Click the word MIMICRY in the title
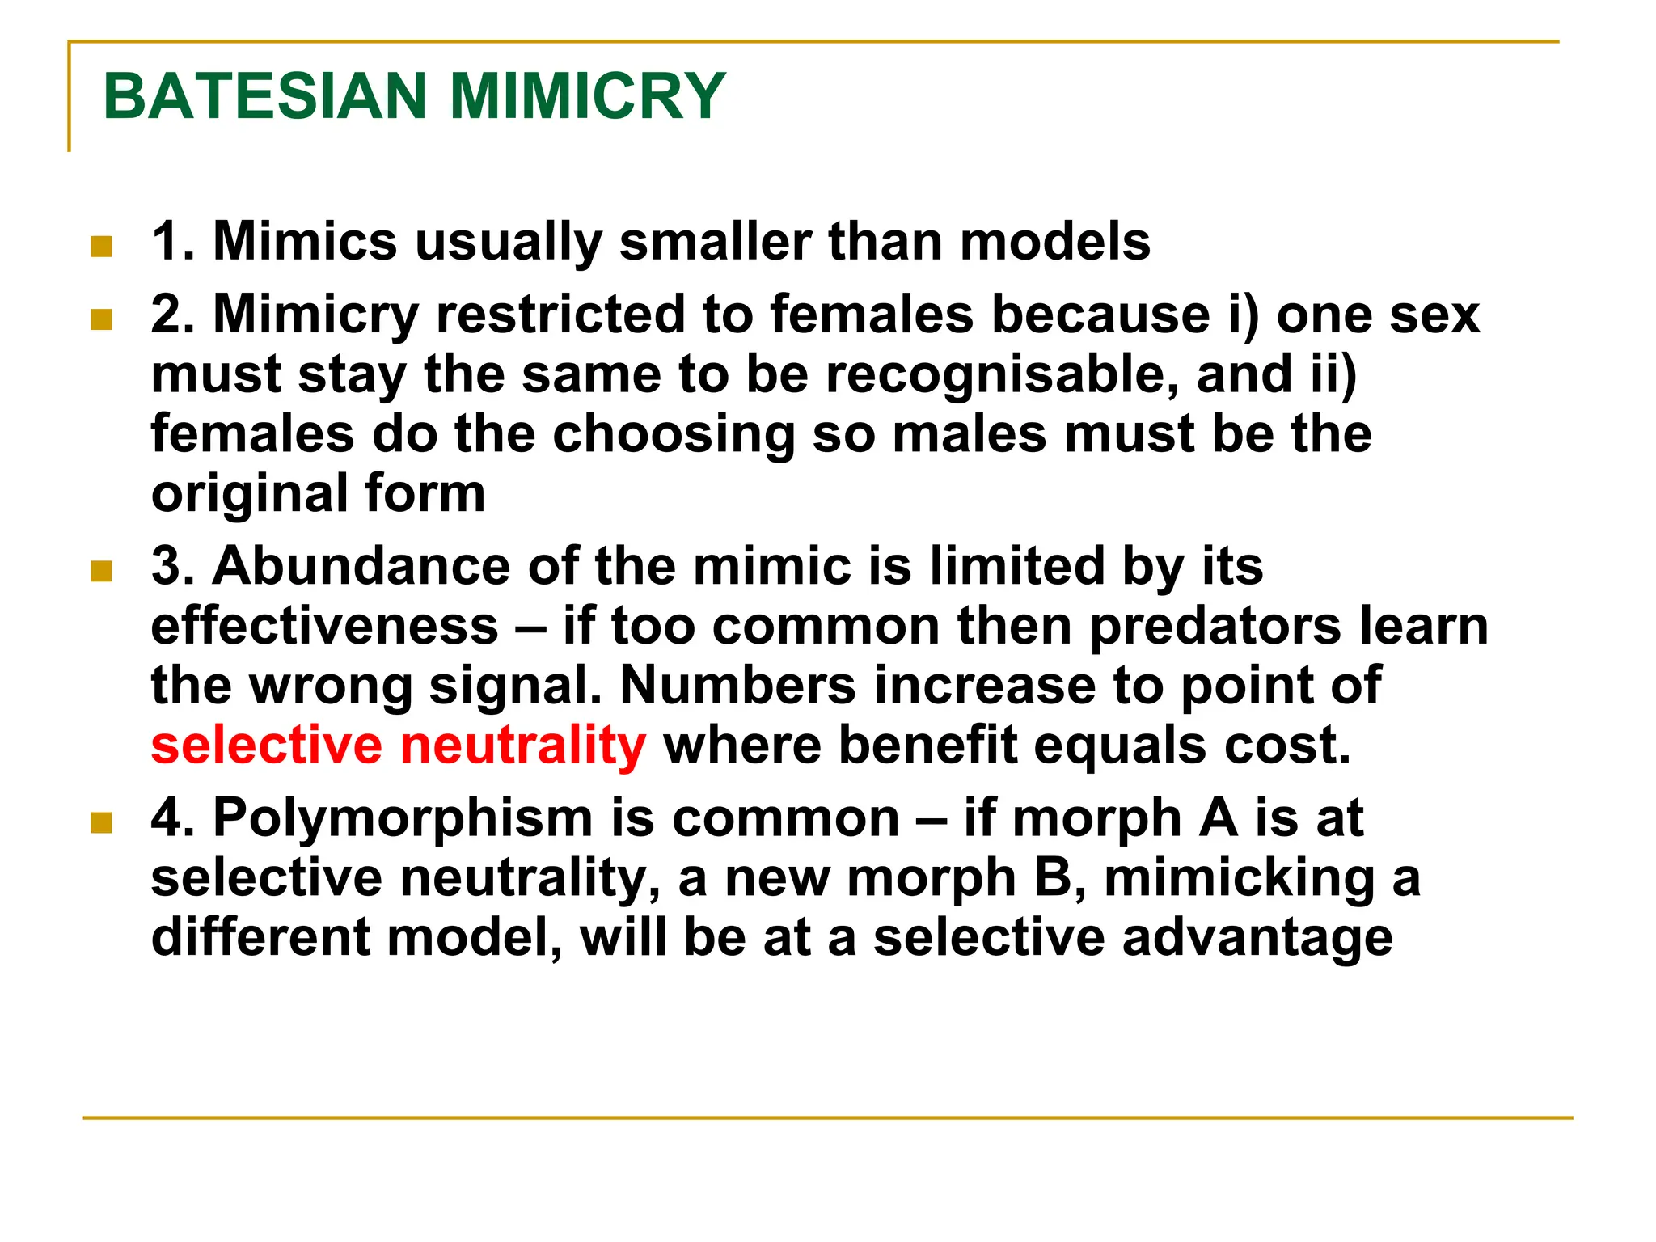point(587,96)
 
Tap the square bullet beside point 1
point(101,246)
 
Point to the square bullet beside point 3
point(101,571)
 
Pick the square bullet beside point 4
point(101,823)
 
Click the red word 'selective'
point(266,745)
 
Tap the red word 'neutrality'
point(523,745)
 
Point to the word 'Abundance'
point(361,565)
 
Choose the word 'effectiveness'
point(325,626)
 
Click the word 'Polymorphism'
point(403,817)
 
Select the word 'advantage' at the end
point(1257,938)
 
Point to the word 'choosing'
point(674,435)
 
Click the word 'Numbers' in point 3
point(737,686)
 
